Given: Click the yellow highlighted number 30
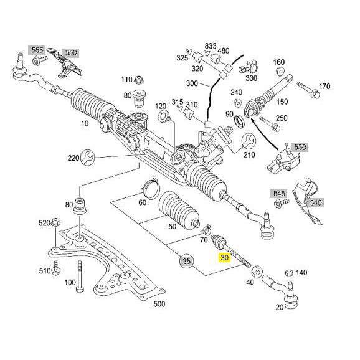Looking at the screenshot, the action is (x=224, y=258).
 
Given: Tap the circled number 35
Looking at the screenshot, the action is (x=187, y=261).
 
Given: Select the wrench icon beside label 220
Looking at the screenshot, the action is (x=87, y=157).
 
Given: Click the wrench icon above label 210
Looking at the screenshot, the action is (x=249, y=141).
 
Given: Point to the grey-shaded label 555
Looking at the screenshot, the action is (x=37, y=50).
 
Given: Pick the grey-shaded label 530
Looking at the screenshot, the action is (x=300, y=147).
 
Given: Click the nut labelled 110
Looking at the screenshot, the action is (x=139, y=80).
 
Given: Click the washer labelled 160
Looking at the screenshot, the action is (x=280, y=71).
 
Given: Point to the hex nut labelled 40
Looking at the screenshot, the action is (x=257, y=272).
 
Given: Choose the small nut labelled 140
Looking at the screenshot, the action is (x=289, y=273).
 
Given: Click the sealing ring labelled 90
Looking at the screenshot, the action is (x=240, y=121).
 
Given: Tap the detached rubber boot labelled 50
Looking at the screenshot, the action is (x=179, y=211).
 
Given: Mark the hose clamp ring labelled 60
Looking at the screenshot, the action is (x=151, y=188).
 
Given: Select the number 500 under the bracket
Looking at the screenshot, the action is (x=159, y=304).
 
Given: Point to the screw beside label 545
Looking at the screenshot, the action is (x=282, y=202).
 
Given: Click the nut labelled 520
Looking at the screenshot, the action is (x=56, y=222).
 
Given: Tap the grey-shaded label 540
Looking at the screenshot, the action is (x=316, y=202).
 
